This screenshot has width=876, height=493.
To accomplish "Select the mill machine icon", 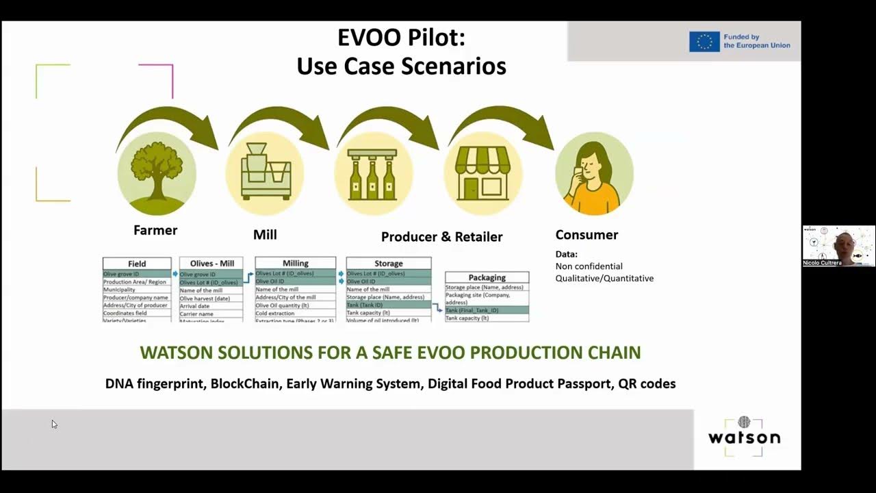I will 265,173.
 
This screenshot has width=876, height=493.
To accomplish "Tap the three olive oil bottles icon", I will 373,174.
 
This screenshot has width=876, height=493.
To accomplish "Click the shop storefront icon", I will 482,173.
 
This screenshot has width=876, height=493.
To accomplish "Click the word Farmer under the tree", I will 155,230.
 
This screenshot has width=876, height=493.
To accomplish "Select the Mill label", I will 265,235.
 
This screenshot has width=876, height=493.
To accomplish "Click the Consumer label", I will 587,235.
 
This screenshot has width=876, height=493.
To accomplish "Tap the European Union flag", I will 704,42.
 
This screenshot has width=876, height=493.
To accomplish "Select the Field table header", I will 137,264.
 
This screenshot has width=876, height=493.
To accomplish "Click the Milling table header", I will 296,263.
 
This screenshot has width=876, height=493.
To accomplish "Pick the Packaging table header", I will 487,277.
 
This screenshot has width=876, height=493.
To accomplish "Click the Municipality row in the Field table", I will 120,290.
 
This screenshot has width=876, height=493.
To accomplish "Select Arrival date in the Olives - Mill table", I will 194,306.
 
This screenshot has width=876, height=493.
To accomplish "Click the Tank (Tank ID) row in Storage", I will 365,305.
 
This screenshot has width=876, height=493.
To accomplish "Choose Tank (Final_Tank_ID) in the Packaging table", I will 472,310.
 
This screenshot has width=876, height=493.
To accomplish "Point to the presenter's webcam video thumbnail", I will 838,246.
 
